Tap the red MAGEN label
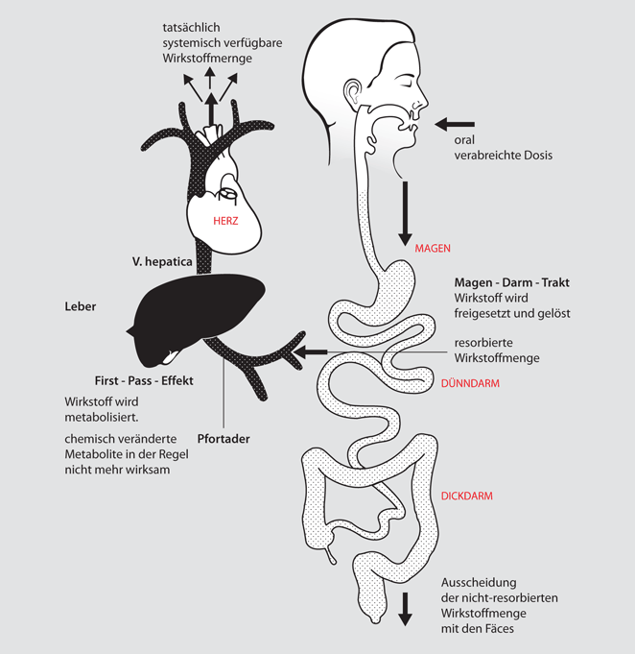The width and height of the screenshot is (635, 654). click(433, 248)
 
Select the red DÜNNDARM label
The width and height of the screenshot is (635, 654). click(468, 383)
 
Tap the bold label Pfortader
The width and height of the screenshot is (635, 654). click(223, 439)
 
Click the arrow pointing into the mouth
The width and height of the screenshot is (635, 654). click(455, 124)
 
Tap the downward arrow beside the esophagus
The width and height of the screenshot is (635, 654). click(404, 213)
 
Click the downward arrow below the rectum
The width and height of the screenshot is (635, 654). click(405, 609)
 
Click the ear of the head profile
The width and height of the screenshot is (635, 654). click(355, 93)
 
